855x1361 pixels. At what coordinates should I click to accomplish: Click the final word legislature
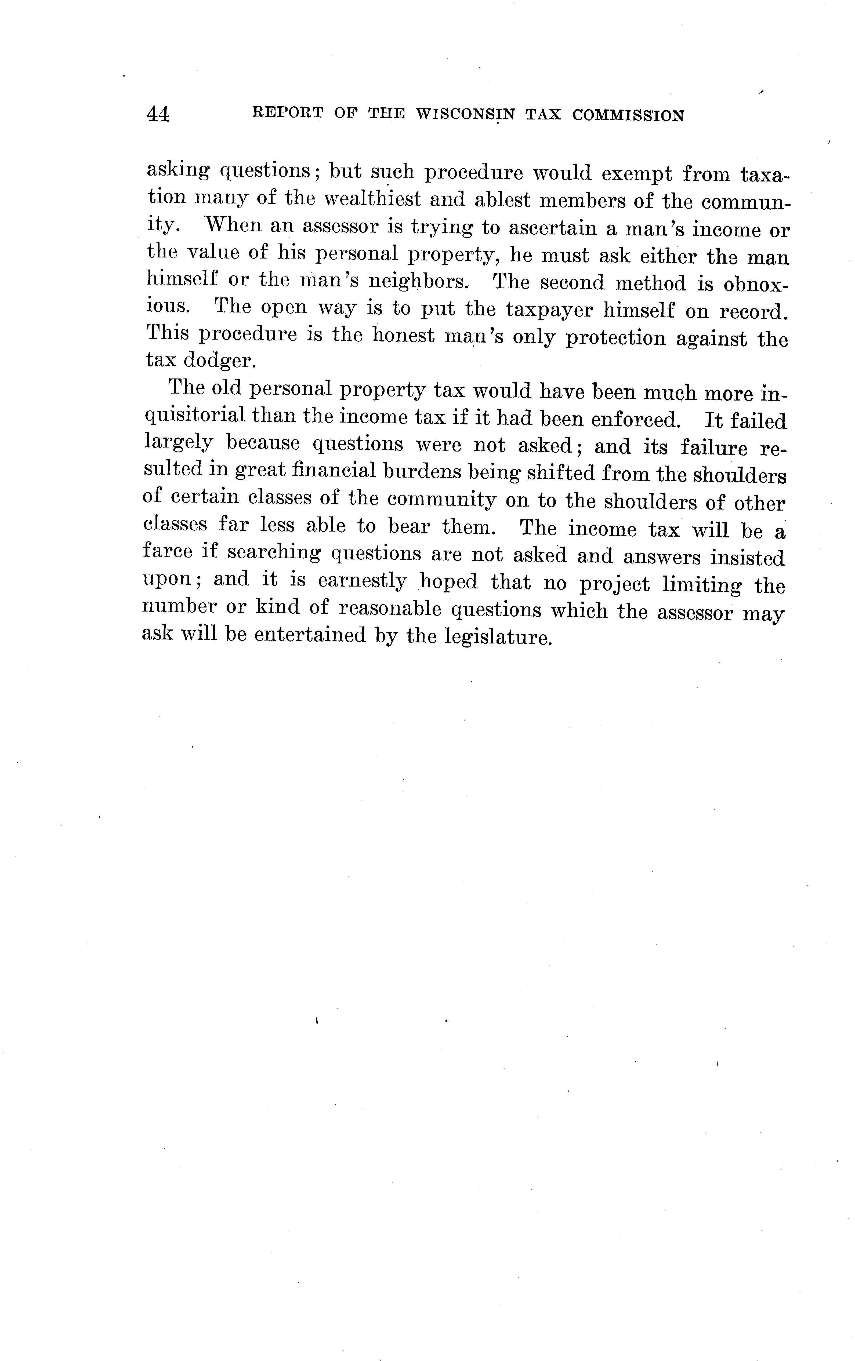498,637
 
